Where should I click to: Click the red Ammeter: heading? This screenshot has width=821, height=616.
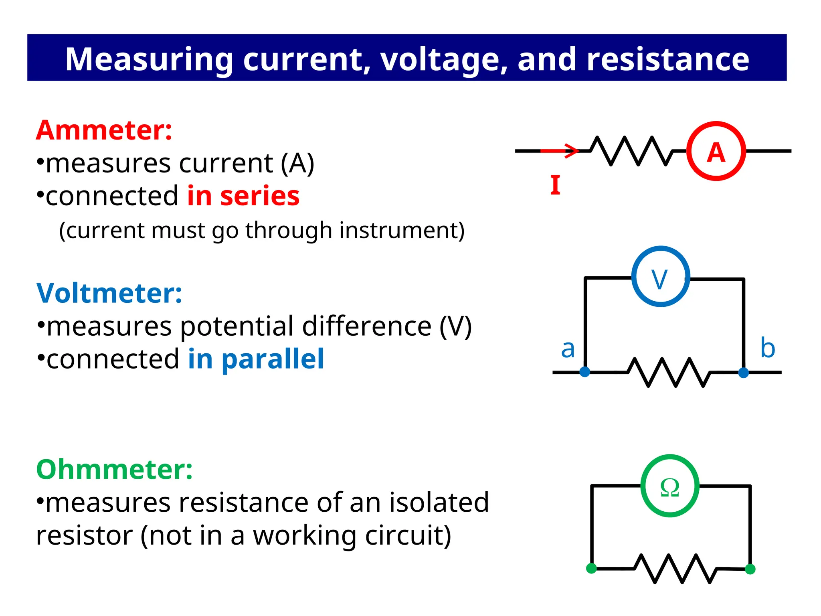click(104, 130)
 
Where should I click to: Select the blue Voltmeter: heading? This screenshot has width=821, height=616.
click(109, 293)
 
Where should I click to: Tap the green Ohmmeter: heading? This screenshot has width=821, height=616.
click(114, 469)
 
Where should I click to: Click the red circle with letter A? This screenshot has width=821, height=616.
click(716, 151)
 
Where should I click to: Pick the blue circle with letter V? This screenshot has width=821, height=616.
click(660, 277)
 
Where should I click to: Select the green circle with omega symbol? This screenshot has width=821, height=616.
click(669, 486)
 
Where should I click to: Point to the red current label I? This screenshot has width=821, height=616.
click(555, 185)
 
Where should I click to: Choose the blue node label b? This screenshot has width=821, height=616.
click(767, 348)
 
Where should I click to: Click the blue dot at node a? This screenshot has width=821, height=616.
click(585, 372)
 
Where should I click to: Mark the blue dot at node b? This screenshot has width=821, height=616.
click(743, 373)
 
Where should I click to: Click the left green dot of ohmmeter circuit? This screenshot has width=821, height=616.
click(591, 568)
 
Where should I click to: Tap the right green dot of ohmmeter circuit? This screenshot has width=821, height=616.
click(750, 569)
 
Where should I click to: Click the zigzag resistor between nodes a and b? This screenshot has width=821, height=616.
click(669, 372)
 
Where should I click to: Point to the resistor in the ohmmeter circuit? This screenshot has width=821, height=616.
click(675, 568)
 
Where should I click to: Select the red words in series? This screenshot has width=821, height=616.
click(243, 196)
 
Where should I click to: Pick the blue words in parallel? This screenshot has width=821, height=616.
click(256, 359)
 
